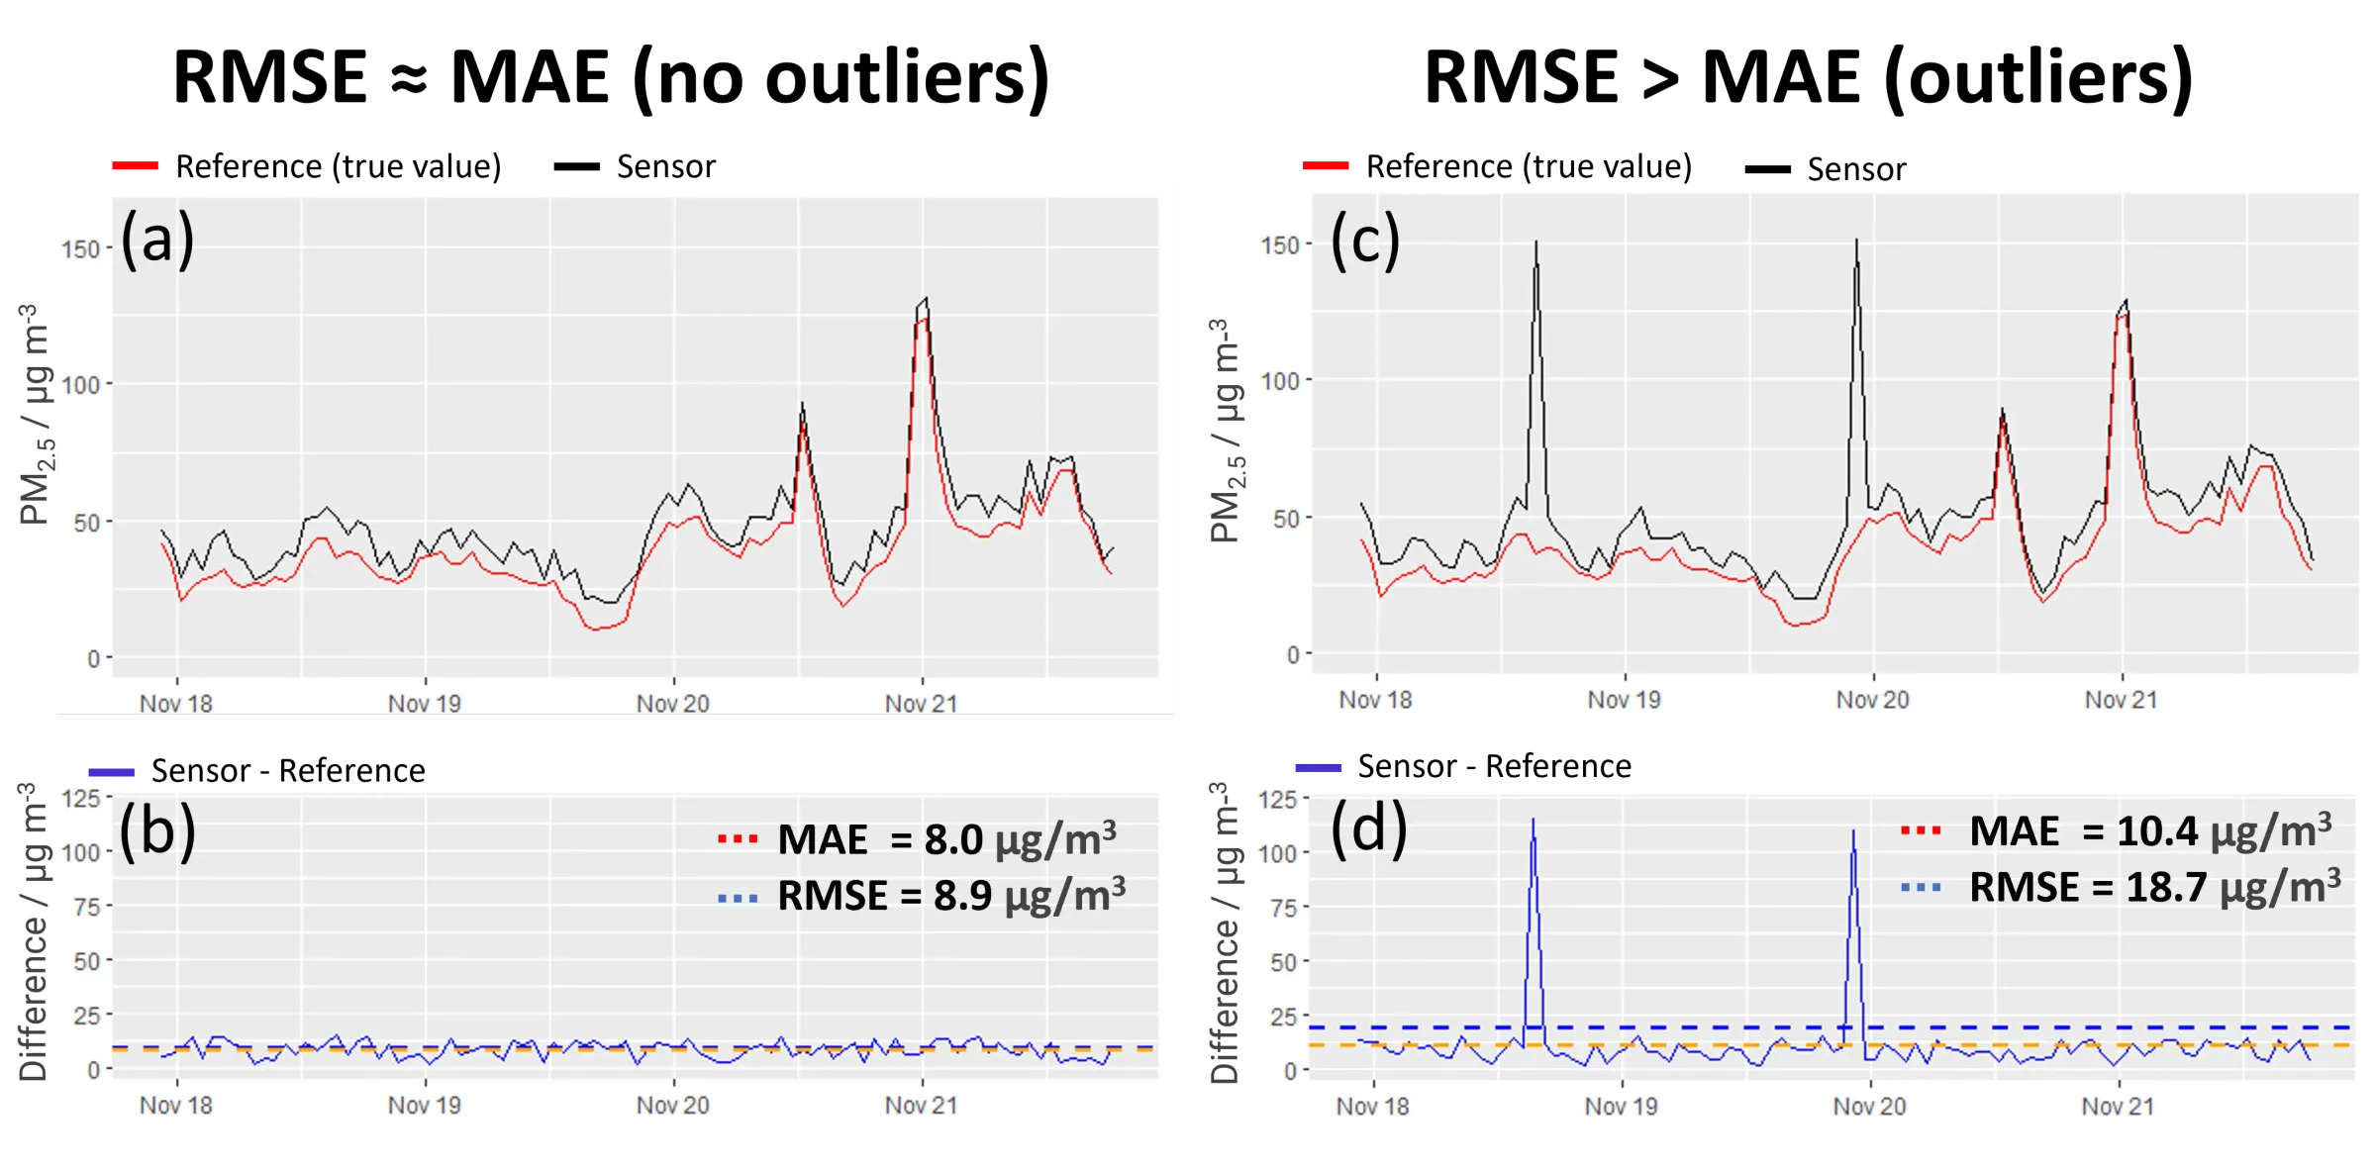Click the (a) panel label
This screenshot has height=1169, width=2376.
156,240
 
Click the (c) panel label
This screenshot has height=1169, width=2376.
1364,241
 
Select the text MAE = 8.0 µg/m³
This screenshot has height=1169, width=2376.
946,840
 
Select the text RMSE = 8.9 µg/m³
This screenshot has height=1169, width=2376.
950,896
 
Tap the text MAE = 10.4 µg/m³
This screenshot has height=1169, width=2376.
2149,831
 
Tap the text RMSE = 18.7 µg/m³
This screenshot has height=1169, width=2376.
2154,887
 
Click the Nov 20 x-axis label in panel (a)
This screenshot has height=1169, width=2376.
672,704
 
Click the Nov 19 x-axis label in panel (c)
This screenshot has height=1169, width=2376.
1624,700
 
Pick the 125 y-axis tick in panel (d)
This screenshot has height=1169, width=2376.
1277,800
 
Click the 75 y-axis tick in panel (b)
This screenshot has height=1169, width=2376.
87,907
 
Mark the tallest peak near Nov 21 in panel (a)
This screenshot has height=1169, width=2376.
925,299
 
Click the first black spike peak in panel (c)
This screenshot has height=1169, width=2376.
1536,243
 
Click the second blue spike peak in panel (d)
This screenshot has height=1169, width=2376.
1853,832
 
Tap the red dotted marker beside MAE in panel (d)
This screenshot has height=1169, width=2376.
1921,830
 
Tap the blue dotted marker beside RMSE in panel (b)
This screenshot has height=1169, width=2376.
738,899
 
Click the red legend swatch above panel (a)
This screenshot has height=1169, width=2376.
137,165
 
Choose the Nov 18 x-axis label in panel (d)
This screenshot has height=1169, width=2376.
1372,1106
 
